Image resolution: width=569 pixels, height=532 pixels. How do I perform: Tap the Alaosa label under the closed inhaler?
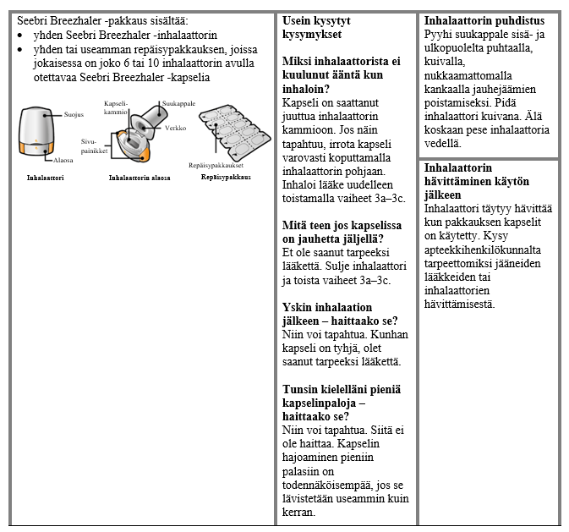click(x=63, y=159)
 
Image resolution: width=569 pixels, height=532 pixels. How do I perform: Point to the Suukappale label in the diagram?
click(x=178, y=103)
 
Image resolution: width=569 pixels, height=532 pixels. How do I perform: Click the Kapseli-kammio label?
click(x=116, y=107)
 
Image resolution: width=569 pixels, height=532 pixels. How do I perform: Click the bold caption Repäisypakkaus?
click(x=226, y=177)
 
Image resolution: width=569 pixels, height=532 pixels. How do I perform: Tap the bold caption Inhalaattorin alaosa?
click(x=140, y=178)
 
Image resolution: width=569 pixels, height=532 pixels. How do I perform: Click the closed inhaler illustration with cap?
click(x=37, y=131)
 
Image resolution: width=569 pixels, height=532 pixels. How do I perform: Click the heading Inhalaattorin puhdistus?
click(x=484, y=20)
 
